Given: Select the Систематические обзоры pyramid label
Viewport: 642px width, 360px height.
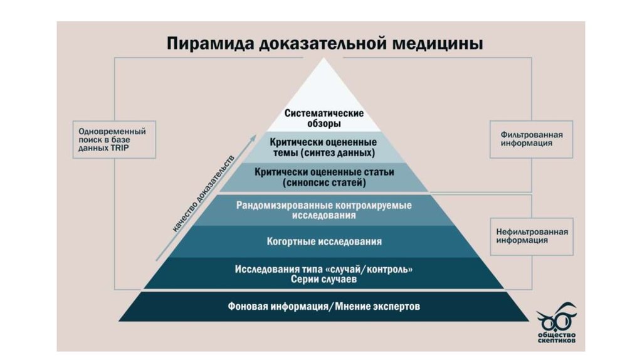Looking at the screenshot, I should point(324,119).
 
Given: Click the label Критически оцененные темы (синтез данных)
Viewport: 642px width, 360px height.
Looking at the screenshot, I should point(324,147).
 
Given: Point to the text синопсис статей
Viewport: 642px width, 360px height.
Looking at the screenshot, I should point(324,183).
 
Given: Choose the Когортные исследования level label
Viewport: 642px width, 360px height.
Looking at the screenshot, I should point(324,241).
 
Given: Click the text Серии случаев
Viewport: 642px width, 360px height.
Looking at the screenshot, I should point(324,280).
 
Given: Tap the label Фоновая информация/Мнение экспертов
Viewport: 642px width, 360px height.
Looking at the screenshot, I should point(324,307).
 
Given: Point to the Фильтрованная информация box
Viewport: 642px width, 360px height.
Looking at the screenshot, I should point(531,139).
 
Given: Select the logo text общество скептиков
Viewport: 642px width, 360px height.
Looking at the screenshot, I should point(557,338).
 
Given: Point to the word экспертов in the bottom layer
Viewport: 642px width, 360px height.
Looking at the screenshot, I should point(396,307).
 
